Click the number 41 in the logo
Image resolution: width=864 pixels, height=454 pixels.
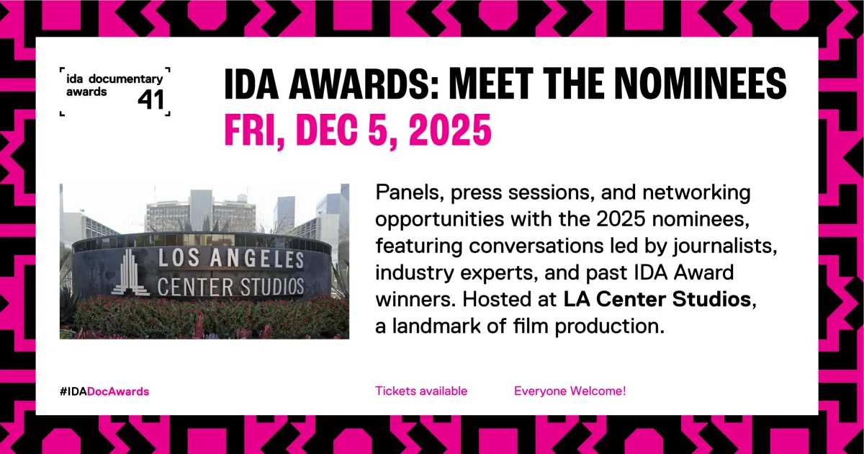pos(151,99)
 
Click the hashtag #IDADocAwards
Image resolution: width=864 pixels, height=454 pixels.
pos(104,391)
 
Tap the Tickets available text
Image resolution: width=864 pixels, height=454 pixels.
pos(421,391)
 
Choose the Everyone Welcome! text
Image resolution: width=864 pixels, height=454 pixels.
pos(570,391)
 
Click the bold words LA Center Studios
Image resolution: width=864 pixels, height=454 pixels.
pos(657,300)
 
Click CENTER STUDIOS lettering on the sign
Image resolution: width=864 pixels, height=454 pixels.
pos(230,285)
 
